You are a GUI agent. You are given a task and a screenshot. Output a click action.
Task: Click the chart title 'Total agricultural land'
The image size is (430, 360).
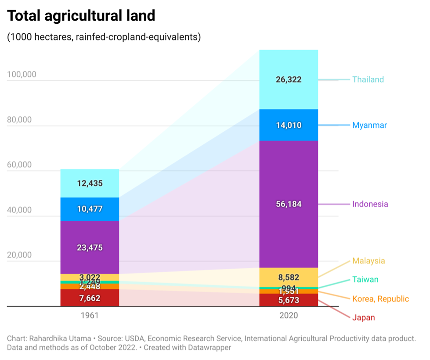(x=81, y=16)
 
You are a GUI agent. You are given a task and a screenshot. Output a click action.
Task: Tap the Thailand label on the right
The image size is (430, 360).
(x=368, y=79)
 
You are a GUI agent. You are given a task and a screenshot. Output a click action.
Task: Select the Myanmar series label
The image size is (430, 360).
(x=369, y=125)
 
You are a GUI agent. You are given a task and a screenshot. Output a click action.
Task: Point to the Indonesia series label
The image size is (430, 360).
(x=370, y=204)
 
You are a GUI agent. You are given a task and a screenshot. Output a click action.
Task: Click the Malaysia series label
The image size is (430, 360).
(x=369, y=261)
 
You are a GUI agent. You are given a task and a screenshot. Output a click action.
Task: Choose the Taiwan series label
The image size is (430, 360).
(x=365, y=280)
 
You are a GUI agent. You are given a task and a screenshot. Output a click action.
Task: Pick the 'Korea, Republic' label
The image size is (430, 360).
(x=380, y=299)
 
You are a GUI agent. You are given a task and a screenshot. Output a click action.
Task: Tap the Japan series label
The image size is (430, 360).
(x=364, y=317)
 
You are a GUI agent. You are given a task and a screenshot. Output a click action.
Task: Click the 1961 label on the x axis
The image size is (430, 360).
(x=90, y=316)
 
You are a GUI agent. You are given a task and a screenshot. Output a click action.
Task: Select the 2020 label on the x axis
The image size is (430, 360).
(x=288, y=316)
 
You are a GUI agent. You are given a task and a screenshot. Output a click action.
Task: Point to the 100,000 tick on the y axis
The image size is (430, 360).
(x=22, y=75)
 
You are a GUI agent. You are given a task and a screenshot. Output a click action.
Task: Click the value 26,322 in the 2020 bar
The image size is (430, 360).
(x=289, y=80)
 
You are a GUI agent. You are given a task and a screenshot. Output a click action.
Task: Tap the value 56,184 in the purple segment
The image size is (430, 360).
(x=289, y=204)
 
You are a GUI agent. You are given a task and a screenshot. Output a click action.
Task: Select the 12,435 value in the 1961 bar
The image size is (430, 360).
(x=90, y=184)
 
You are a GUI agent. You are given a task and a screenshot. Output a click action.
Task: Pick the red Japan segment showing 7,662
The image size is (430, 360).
(x=90, y=299)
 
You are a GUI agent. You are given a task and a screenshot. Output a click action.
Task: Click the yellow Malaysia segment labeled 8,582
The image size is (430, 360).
(x=289, y=277)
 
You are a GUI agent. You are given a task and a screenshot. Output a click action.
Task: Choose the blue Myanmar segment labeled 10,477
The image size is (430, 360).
(x=90, y=209)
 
